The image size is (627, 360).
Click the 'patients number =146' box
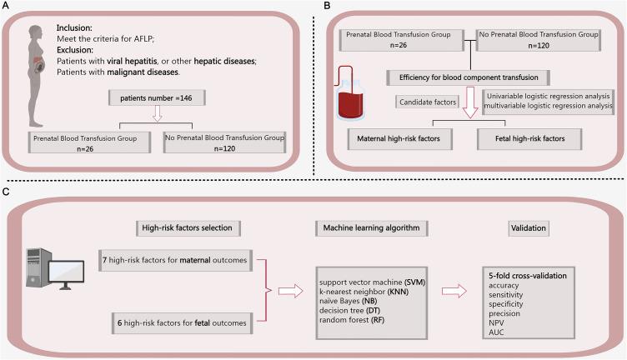click(x=157, y=97)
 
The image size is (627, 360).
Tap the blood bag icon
click(x=350, y=94)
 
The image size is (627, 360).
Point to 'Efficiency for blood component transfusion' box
click(x=469, y=77)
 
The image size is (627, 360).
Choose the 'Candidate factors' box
click(x=428, y=102)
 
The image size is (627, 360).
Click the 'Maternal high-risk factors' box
click(x=399, y=139)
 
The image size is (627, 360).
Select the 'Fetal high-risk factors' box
click(x=529, y=139)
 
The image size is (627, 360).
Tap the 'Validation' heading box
click(x=529, y=228)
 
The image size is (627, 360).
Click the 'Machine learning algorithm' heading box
click(x=372, y=228)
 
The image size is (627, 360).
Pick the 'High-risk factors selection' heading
click(x=188, y=228)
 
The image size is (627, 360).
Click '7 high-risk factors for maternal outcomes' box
click(x=176, y=261)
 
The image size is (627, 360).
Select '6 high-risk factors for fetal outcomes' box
click(x=183, y=323)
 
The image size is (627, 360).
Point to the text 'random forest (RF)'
click(x=352, y=320)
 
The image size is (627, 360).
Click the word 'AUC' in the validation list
click(x=496, y=332)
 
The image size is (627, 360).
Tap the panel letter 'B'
click(x=327, y=6)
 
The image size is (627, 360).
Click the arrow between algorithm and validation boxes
click(x=454, y=292)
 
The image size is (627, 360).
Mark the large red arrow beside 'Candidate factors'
click(x=470, y=102)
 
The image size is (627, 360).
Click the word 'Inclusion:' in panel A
click(x=74, y=28)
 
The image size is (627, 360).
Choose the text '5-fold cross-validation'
click(x=528, y=276)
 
